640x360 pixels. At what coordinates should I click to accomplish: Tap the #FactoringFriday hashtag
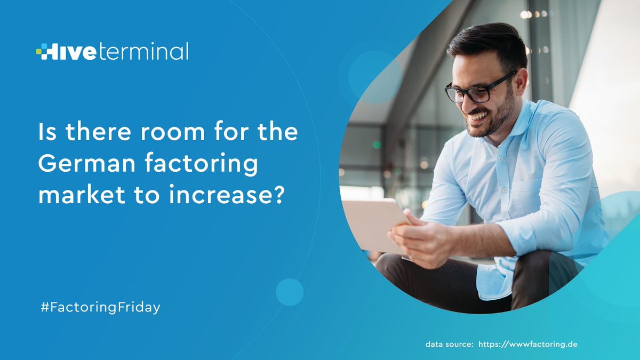pyautogui.click(x=100, y=308)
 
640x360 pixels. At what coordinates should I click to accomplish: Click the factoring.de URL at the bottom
pyautogui.click(x=528, y=344)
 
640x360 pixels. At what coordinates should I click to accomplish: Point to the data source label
pyautogui.click(x=449, y=344)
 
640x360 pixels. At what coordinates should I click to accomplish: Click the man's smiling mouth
pyautogui.click(x=479, y=116)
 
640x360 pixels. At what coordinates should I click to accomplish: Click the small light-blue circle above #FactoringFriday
pyautogui.click(x=290, y=292)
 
